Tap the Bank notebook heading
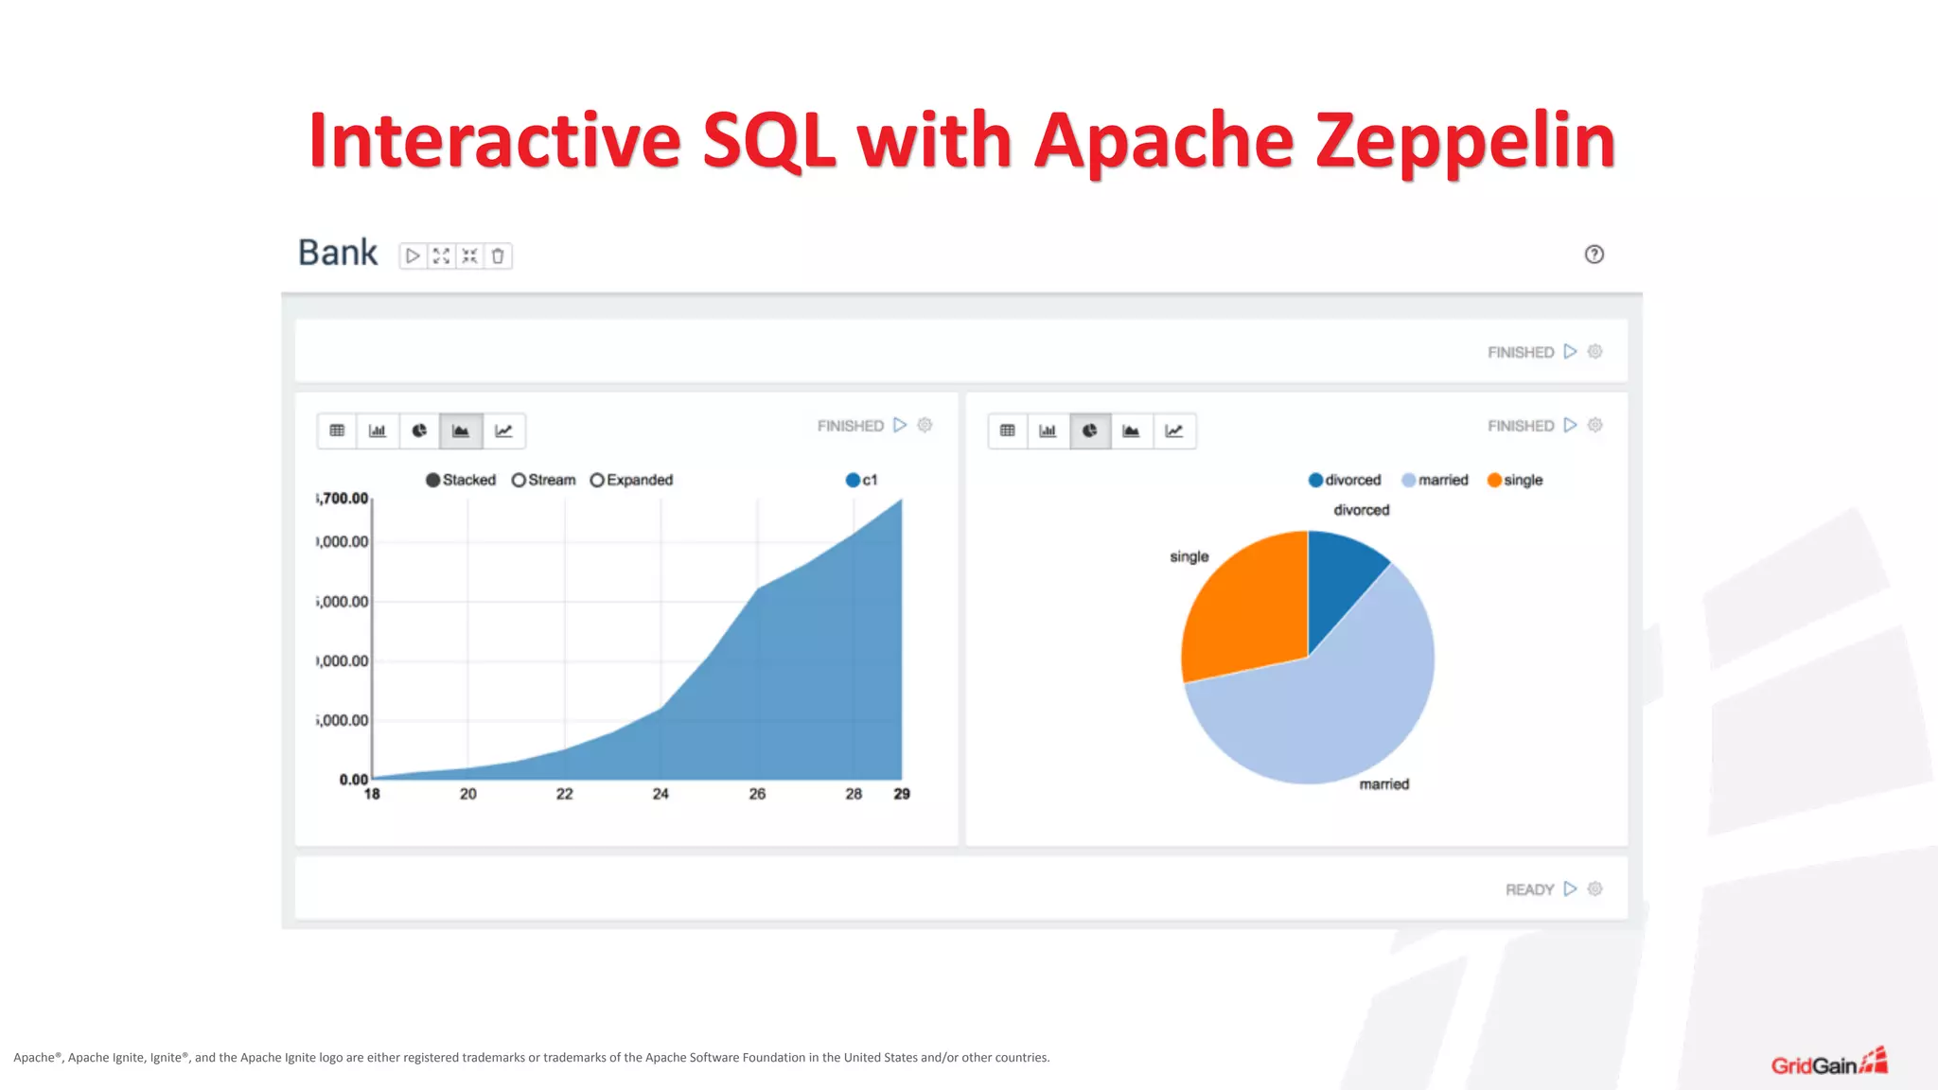pos(338,253)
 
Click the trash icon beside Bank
pos(498,255)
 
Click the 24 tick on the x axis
pos(661,794)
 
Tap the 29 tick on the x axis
pos(902,794)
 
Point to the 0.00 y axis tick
pos(354,780)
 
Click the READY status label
pos(1529,889)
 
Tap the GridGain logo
pos(1828,1064)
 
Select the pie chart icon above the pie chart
pos(1090,431)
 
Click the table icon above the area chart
pos(337,431)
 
